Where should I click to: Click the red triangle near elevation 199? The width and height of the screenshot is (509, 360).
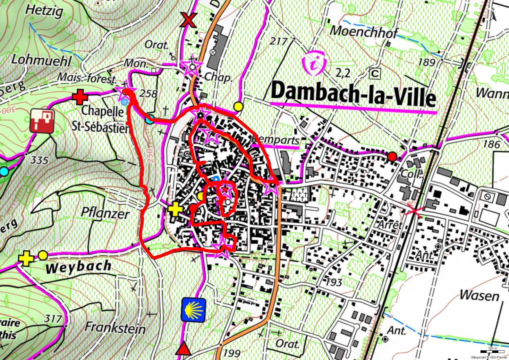[x=183, y=349]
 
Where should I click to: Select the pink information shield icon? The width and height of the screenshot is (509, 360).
[x=314, y=64]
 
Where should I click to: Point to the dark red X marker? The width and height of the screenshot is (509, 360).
[x=188, y=20]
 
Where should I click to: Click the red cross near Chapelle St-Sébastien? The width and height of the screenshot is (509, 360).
[x=80, y=97]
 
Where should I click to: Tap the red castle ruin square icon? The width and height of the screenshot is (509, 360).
[x=42, y=121]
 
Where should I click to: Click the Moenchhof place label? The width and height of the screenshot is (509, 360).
[x=364, y=32]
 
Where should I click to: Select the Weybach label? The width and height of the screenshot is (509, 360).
[x=79, y=266]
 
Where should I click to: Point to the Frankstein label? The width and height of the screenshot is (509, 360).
[x=115, y=328]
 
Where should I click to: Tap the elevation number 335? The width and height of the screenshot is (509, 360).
[x=39, y=160]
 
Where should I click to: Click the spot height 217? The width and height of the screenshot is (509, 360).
[x=278, y=41]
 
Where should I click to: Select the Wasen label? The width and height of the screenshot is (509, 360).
[x=479, y=295]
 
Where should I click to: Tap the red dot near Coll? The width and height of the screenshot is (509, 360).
[x=392, y=157]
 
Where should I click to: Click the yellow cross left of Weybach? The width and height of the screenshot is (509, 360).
[x=26, y=259]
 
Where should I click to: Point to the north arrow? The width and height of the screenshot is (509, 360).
[x=493, y=15]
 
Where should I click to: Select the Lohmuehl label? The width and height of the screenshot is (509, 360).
[x=41, y=60]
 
